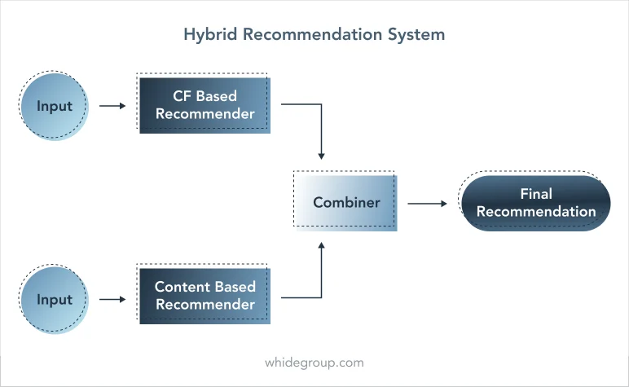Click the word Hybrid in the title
click(210, 35)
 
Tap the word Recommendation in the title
click(312, 34)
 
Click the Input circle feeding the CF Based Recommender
click(54, 106)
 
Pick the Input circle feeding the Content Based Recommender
click(54, 299)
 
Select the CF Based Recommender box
click(204, 103)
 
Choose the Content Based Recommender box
click(204, 294)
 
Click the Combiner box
click(345, 201)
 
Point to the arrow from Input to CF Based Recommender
click(112, 106)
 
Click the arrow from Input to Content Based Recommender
click(112, 299)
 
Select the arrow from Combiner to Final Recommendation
click(427, 204)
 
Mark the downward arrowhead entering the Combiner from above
click(321, 156)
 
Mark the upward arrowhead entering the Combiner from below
click(321, 246)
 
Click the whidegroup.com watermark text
click(314, 363)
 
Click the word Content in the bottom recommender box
click(182, 287)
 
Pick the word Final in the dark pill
click(536, 194)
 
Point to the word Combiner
click(346, 203)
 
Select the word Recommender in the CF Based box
click(205, 114)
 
